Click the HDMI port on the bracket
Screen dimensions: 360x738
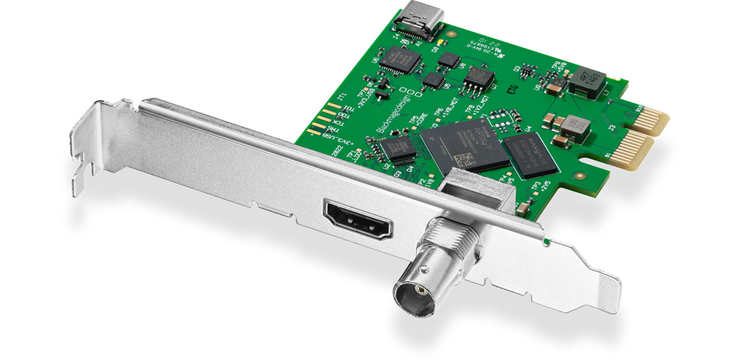358,222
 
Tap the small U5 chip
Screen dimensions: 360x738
432,80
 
